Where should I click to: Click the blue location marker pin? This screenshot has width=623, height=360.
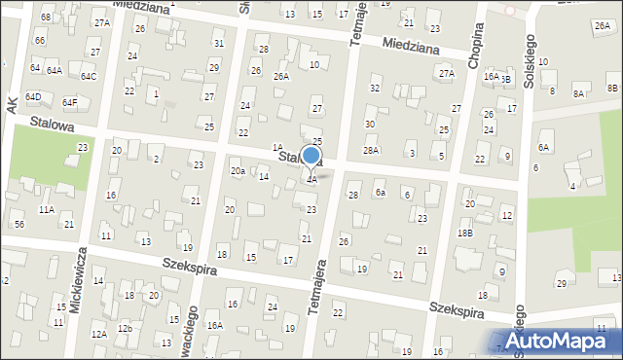(x=311, y=158)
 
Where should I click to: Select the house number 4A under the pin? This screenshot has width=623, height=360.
(x=311, y=179)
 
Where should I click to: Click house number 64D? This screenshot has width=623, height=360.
(x=33, y=96)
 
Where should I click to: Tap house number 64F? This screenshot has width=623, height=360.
(x=69, y=102)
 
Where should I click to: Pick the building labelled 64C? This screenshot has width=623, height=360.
(x=89, y=76)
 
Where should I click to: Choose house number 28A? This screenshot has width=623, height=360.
(x=371, y=150)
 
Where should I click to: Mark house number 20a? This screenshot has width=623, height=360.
(x=237, y=170)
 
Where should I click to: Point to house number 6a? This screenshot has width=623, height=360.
(x=382, y=194)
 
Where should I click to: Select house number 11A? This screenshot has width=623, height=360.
(x=46, y=209)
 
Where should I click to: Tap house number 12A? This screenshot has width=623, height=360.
(x=98, y=334)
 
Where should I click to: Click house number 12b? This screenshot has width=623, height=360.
(x=125, y=329)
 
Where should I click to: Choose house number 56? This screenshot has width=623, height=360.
(x=19, y=224)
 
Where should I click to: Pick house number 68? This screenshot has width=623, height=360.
(x=46, y=18)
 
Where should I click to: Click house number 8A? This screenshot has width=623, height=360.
(x=578, y=93)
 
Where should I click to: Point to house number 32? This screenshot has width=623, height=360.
(x=374, y=88)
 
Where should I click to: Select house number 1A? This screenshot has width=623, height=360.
(x=276, y=146)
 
